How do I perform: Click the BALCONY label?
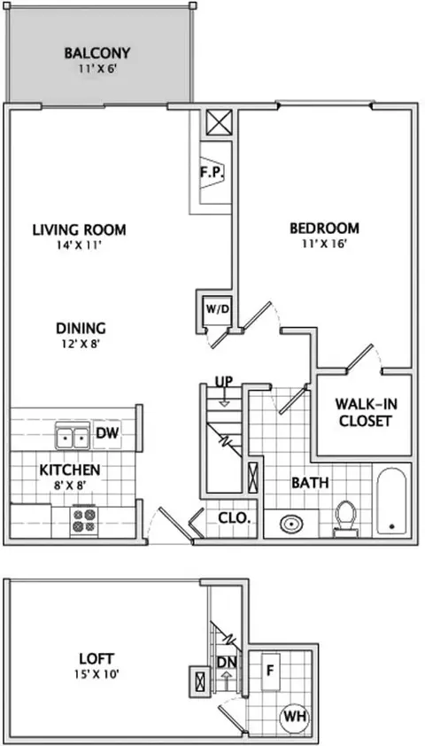click(x=97, y=53)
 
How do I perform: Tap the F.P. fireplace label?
click(x=212, y=172)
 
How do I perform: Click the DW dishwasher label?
click(x=107, y=433)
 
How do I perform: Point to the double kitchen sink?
click(x=73, y=435)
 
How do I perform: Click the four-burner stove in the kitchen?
click(x=83, y=520)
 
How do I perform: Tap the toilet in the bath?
click(x=345, y=517)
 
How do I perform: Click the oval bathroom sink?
click(x=291, y=525)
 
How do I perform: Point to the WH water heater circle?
click(x=296, y=716)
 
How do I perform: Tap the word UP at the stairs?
click(x=223, y=382)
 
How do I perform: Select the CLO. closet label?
click(x=235, y=518)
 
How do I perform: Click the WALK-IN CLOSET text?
click(x=364, y=412)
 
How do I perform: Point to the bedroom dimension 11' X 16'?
click(x=325, y=244)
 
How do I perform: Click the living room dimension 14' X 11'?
click(x=80, y=245)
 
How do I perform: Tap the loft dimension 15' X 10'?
click(x=97, y=674)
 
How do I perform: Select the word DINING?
click(x=81, y=329)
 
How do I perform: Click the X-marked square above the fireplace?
click(x=220, y=122)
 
